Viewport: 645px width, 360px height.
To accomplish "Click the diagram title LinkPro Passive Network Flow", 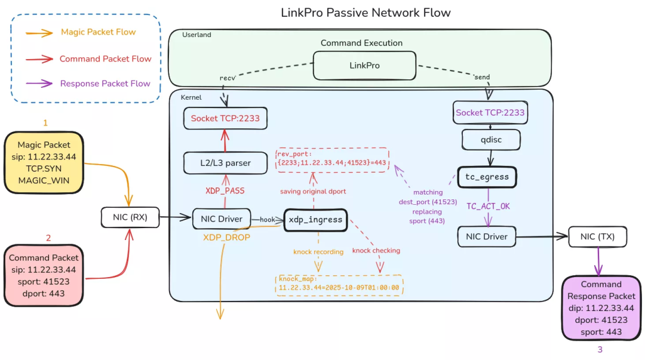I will pos(365,13).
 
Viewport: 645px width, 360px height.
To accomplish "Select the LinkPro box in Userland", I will pos(364,65).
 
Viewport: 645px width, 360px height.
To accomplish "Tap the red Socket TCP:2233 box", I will pos(225,118).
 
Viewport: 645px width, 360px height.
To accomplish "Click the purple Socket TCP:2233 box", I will pos(490,113).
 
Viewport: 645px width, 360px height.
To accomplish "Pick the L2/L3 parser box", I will pos(225,162).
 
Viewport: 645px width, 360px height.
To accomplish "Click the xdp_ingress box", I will pos(315,220).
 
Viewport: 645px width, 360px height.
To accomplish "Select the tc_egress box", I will pos(486,177).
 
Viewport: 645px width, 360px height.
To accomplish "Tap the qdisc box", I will pos(490,140).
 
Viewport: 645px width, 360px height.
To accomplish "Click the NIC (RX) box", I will pos(131,218).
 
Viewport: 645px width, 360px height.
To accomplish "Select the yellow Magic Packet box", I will pos(44,162).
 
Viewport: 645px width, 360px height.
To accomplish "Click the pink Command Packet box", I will pos(44,275).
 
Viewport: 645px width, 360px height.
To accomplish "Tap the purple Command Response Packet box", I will pos(601,307).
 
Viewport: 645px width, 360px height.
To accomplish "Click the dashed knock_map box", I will pos(339,285).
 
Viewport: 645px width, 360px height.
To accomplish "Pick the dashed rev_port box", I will pos(331,159).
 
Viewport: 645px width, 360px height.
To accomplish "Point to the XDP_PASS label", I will pos(225,190).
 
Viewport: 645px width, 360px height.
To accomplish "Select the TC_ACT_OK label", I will pos(489,206).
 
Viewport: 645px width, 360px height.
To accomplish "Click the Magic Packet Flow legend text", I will pos(98,32).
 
